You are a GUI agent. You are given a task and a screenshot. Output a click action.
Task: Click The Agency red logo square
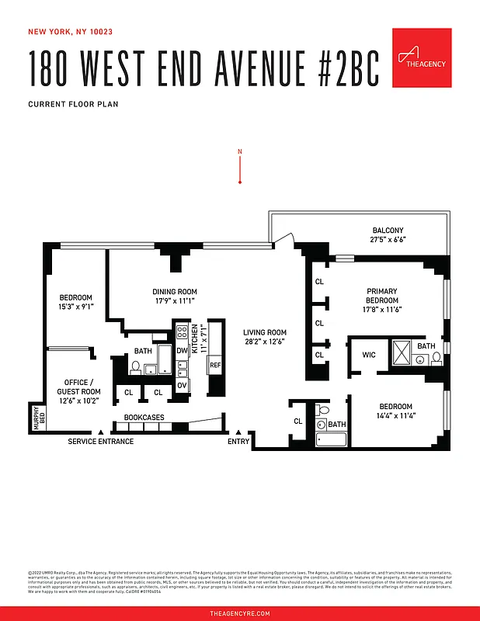point(422,58)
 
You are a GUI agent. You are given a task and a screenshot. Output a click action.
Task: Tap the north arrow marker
point(241,166)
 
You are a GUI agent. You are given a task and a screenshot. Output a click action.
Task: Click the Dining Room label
point(174,297)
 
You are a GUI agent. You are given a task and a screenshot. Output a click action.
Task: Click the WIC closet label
point(369,356)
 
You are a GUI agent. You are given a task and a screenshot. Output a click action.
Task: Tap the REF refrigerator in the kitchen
point(215,364)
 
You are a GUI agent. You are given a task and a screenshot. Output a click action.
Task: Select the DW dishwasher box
point(182,351)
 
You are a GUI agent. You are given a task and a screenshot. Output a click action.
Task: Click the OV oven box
point(182,385)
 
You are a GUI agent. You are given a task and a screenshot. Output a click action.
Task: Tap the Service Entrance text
point(101,442)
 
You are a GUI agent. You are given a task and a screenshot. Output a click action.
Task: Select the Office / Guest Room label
point(78,391)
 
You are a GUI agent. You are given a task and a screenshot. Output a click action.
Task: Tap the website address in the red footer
point(240,613)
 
